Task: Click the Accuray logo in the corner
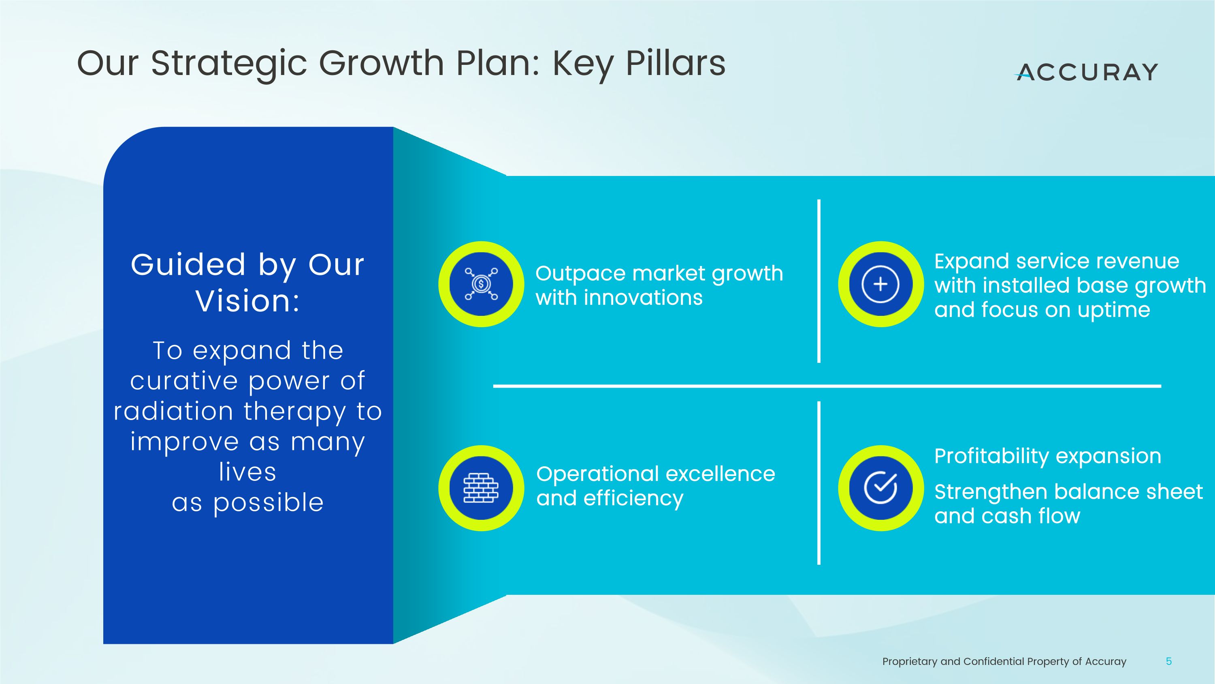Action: (x=1086, y=72)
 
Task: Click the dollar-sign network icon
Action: (x=481, y=284)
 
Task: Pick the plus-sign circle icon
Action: (x=880, y=284)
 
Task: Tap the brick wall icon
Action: (x=481, y=488)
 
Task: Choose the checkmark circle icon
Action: (x=880, y=488)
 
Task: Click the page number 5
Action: (x=1169, y=661)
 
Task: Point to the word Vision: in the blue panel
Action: (x=247, y=301)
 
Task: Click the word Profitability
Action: (x=991, y=457)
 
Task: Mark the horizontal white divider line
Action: (x=827, y=386)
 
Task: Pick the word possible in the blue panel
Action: (x=269, y=503)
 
